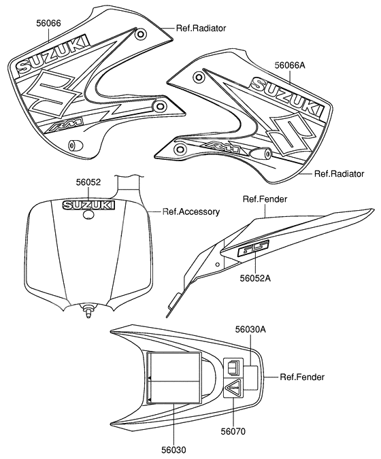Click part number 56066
tap(48, 23)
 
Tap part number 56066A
tap(290, 65)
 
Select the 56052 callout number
tap(88, 182)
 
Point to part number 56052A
tap(255, 278)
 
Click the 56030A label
tap(250, 329)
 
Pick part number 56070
tap(233, 431)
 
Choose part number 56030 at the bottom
tap(173, 449)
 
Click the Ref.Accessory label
tap(191, 211)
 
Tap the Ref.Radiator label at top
tap(201, 28)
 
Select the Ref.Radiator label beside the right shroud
tap(339, 173)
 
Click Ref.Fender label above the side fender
tap(265, 199)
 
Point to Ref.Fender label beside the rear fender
tap(302, 377)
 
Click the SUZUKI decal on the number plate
tap(88, 205)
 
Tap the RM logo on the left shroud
tap(66, 125)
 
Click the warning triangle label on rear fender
tap(233, 388)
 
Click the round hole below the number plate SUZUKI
tap(88, 215)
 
